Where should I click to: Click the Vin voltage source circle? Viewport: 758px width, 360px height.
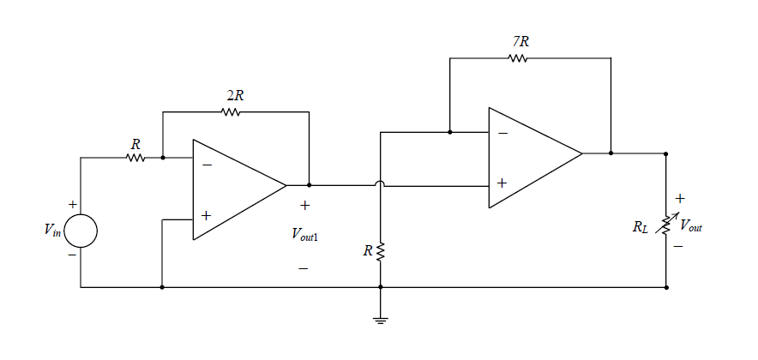click(x=81, y=231)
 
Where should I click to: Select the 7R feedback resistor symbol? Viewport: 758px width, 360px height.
click(x=517, y=58)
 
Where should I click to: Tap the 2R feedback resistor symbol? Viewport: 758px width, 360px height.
click(x=231, y=111)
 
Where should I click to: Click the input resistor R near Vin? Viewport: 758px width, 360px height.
click(x=135, y=158)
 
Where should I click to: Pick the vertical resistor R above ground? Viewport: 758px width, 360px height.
click(x=381, y=251)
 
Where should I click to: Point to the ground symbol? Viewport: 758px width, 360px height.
click(x=381, y=318)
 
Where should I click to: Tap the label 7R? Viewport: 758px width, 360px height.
click(x=520, y=41)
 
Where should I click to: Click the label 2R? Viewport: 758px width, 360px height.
click(x=234, y=94)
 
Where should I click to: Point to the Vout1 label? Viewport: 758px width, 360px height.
click(x=304, y=233)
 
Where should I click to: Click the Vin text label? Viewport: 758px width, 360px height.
click(x=51, y=232)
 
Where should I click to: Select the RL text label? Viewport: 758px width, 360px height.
click(x=641, y=227)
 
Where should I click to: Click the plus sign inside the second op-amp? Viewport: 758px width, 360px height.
click(x=502, y=183)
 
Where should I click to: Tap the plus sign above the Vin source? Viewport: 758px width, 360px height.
click(x=72, y=205)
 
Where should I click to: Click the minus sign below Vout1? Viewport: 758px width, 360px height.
click(x=303, y=269)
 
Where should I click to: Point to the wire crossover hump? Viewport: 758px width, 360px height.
click(x=381, y=184)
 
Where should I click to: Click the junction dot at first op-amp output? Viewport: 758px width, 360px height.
click(x=309, y=184)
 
